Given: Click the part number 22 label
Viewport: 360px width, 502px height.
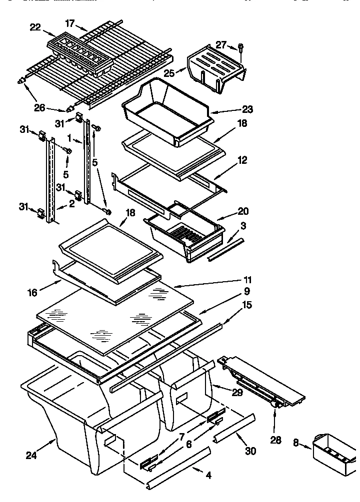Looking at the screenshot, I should tap(35, 27).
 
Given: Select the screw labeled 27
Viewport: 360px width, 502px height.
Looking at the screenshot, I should tap(241, 48).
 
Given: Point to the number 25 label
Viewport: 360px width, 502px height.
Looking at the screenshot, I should tap(169, 73).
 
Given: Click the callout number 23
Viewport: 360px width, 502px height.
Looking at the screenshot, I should tap(247, 110).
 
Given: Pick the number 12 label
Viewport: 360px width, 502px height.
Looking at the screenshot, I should tap(242, 161).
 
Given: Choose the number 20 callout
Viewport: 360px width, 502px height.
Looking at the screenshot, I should tap(243, 212).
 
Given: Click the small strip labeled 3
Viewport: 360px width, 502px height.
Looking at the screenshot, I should tap(226, 250).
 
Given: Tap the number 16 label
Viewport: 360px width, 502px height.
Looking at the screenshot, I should tap(32, 293).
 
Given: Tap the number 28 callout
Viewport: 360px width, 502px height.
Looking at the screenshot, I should tap(275, 440).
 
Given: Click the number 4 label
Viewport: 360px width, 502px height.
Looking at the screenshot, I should tap(208, 476).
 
